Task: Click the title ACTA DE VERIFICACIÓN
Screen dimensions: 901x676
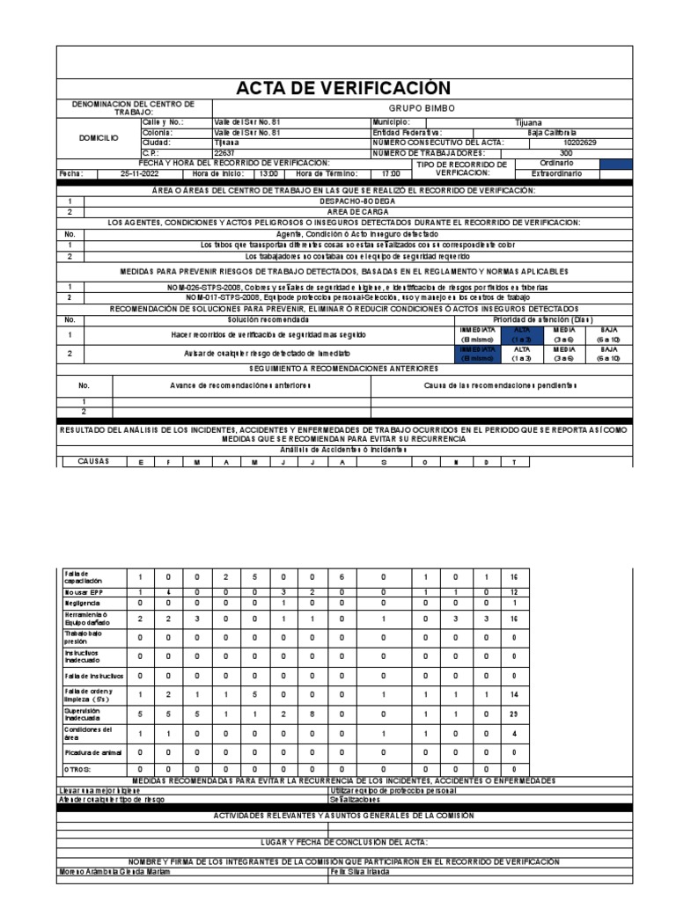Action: [x=343, y=88]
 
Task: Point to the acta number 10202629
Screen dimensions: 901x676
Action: [x=579, y=143]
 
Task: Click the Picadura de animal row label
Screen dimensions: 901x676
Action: [x=85, y=752]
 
